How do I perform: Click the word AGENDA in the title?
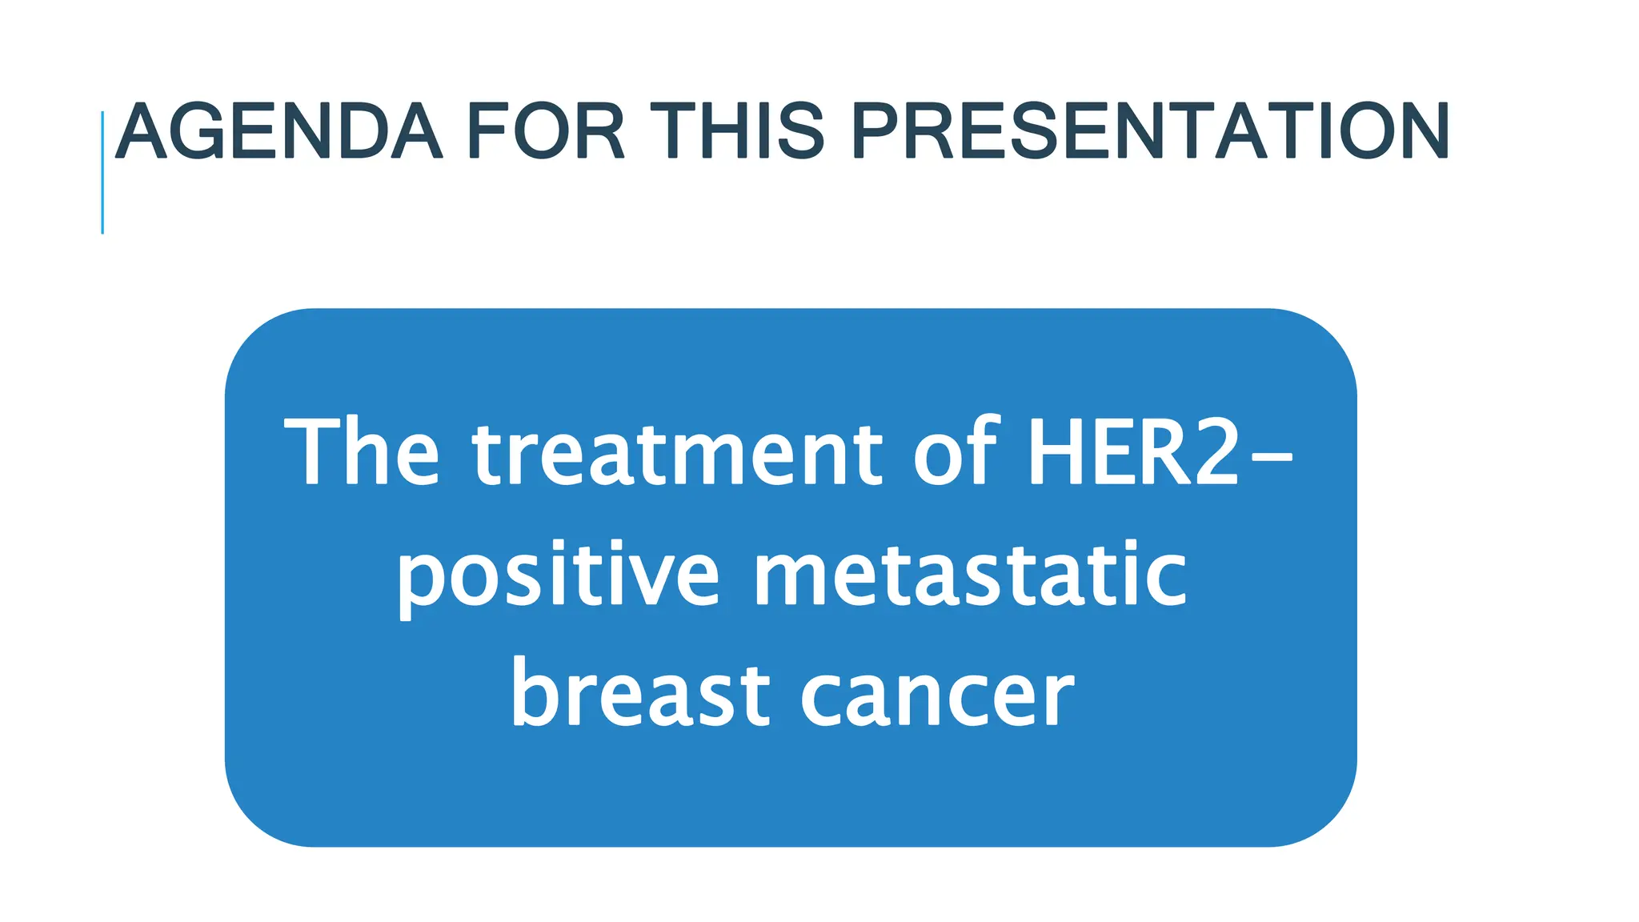coord(279,132)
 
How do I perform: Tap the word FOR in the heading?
coord(545,132)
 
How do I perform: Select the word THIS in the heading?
coord(737,132)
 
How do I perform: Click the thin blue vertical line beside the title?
coord(102,172)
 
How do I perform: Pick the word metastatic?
coord(970,573)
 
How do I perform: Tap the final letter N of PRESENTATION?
coord(1420,132)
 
